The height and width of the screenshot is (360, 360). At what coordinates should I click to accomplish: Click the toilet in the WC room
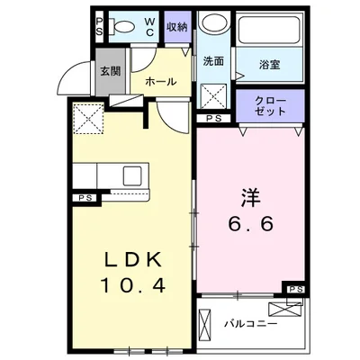[121, 27]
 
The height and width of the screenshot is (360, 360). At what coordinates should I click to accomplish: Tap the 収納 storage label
[177, 27]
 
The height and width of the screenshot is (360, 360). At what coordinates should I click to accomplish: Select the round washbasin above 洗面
[213, 22]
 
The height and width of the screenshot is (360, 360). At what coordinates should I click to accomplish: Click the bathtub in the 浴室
[270, 30]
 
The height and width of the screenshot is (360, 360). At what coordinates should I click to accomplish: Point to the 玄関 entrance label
[111, 71]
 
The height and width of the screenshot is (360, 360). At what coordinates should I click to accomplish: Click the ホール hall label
[161, 81]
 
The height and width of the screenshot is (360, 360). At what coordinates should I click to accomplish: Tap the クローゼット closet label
[270, 106]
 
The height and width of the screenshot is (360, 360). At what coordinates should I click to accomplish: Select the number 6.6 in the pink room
[251, 223]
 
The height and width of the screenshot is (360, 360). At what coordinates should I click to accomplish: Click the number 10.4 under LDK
[133, 285]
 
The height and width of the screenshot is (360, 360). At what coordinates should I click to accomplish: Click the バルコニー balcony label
[251, 324]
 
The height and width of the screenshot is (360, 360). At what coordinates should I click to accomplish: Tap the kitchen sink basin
[132, 176]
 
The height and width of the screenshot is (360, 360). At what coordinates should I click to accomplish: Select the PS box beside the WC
[100, 27]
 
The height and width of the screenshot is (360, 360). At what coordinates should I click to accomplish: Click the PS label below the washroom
[214, 119]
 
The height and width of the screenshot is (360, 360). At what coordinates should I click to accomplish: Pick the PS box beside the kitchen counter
[85, 198]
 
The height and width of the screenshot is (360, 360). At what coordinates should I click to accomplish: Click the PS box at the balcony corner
[296, 289]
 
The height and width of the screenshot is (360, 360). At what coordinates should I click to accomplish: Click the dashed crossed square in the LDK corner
[89, 118]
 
